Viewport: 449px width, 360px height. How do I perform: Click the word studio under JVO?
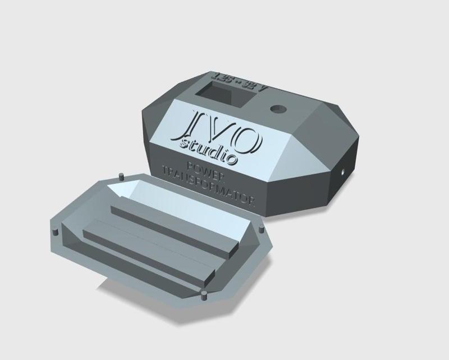[x=208, y=152]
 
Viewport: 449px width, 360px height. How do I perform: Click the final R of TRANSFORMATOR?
[x=255, y=202]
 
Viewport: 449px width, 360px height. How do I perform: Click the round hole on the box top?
[x=278, y=108]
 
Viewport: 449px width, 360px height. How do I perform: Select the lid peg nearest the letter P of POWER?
[x=121, y=178]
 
